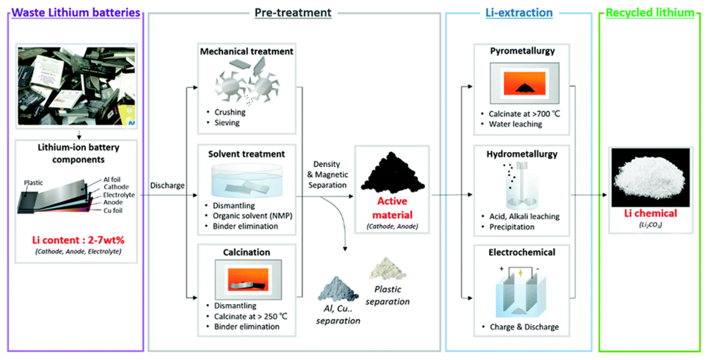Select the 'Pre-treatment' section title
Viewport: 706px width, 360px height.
[294, 12]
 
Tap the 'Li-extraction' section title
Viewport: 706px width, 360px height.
[519, 12]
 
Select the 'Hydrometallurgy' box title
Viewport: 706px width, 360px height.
[518, 154]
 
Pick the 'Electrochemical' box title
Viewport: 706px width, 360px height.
[518, 253]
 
